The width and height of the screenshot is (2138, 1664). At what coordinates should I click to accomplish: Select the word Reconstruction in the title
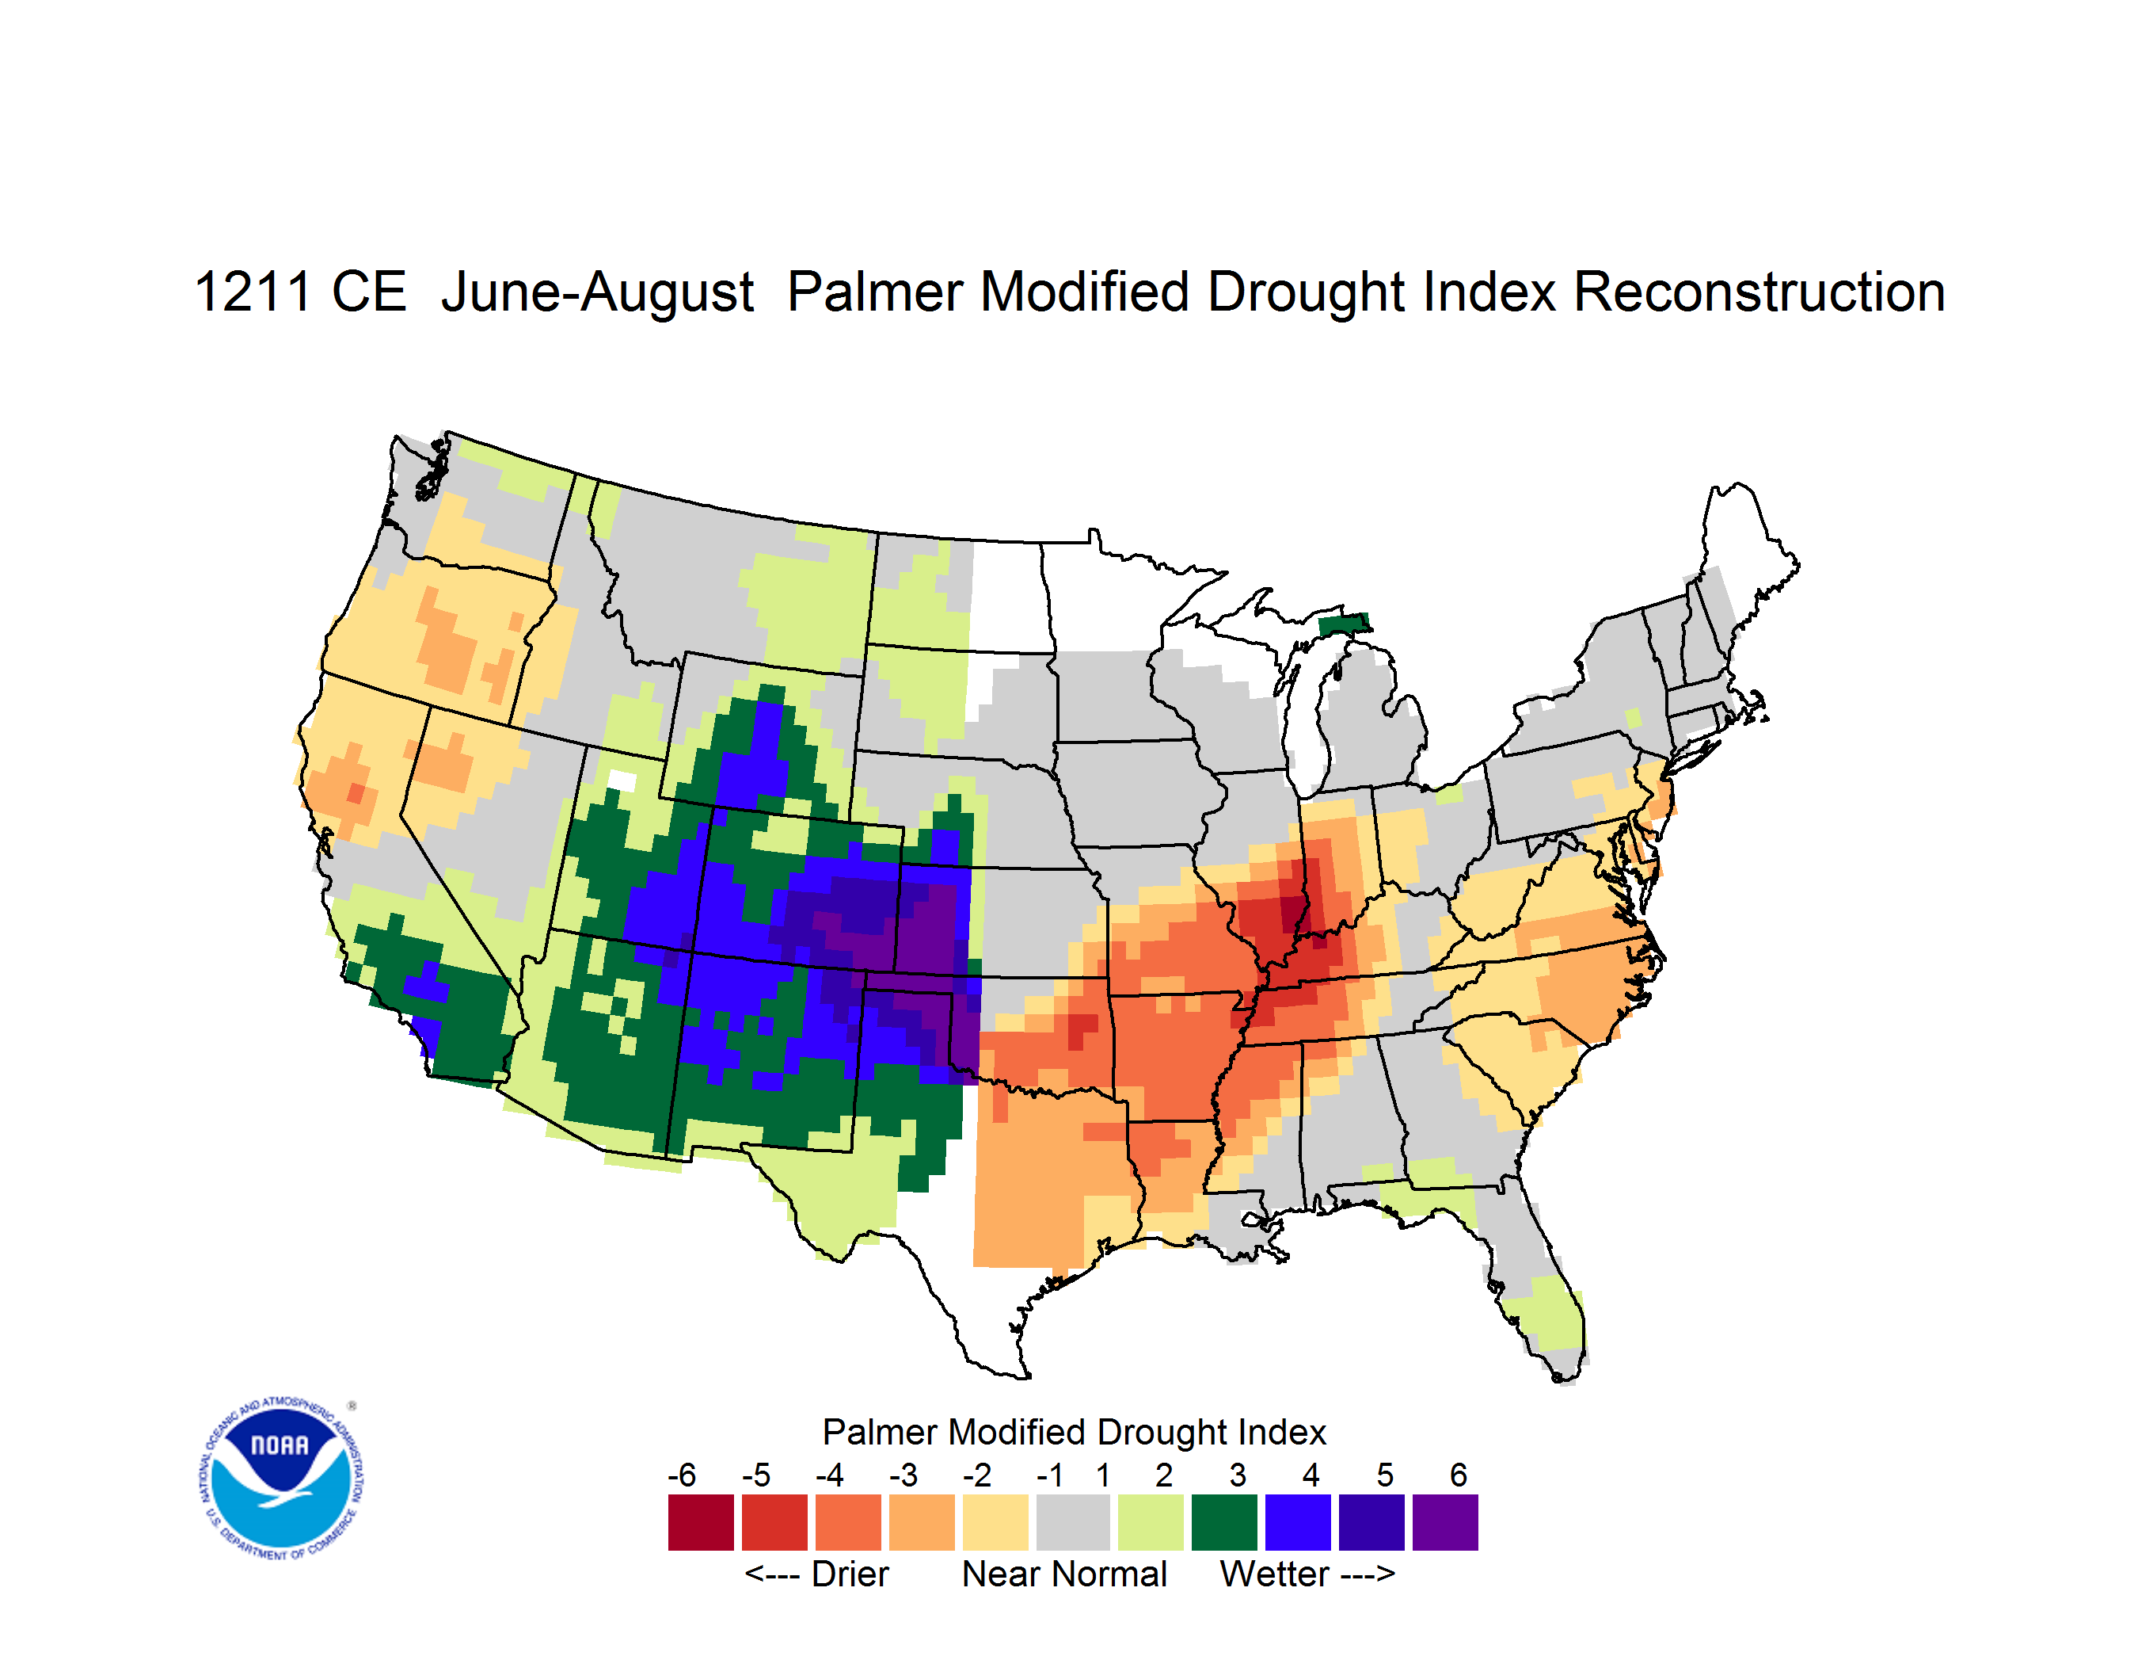tap(1759, 292)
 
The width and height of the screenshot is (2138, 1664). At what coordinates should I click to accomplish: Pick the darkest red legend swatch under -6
tap(701, 1522)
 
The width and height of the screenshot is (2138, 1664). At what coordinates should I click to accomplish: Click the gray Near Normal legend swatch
tap(1073, 1522)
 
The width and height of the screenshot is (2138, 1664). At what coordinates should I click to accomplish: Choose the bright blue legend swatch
tap(1298, 1522)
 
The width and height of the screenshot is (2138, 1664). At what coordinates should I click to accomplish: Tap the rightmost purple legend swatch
tap(1445, 1522)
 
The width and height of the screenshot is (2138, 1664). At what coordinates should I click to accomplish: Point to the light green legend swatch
tap(1151, 1522)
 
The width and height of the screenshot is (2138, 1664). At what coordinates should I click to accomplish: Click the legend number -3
tap(904, 1475)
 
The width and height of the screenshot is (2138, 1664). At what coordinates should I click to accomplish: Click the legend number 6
tap(1459, 1475)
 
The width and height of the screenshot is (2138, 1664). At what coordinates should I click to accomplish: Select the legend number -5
tap(755, 1475)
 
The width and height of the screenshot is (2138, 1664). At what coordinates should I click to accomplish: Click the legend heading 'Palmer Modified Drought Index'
tap(1074, 1432)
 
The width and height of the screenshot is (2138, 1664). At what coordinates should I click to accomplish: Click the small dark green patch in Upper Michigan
tap(1344, 624)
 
